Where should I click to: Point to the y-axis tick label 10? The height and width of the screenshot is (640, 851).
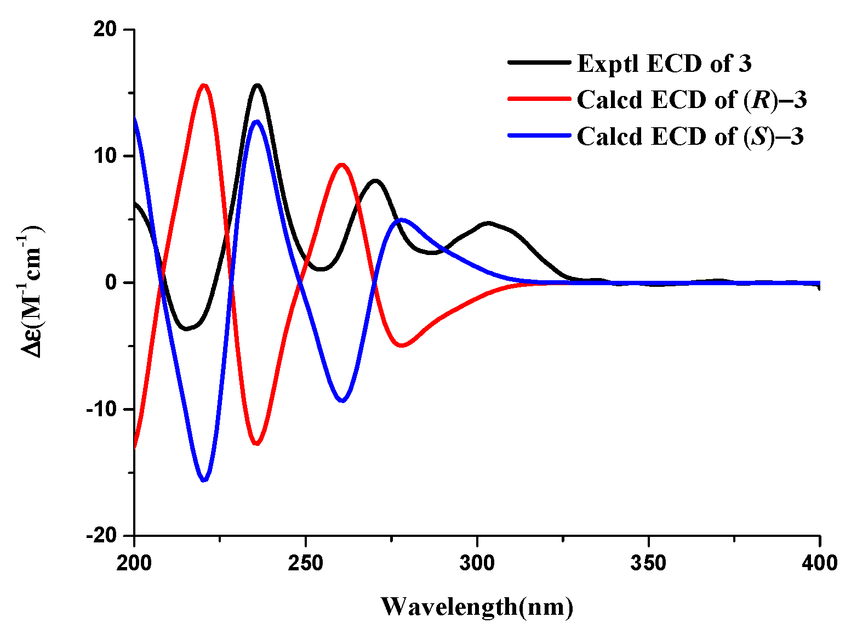coord(106,156)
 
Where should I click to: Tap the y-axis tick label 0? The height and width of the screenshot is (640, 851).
coord(112,282)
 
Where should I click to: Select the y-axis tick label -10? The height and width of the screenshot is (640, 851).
coord(102,409)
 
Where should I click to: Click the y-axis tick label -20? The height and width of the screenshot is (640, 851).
coord(102,535)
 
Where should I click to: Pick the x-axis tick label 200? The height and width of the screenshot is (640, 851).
coord(134,563)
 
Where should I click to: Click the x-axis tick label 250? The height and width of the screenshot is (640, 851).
coord(306,563)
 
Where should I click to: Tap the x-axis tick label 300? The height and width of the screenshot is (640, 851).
coord(477,563)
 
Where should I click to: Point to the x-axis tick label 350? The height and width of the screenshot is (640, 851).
coord(648,563)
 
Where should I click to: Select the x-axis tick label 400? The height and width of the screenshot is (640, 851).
coord(820,563)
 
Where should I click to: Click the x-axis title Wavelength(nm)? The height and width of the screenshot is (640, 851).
coord(477,607)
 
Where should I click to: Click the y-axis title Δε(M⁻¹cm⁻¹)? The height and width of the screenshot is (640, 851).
coord(32,282)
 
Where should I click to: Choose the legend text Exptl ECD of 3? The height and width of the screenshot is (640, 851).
coord(664,64)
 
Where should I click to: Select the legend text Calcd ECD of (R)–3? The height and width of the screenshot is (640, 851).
coord(692,100)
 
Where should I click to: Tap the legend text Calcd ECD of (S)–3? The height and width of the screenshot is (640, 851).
coord(690,136)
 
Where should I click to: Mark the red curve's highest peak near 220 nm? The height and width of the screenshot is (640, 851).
coord(204,85)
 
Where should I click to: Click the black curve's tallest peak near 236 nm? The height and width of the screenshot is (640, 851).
coord(257,85)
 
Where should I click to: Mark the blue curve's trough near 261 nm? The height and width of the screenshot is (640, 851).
coord(342,401)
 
